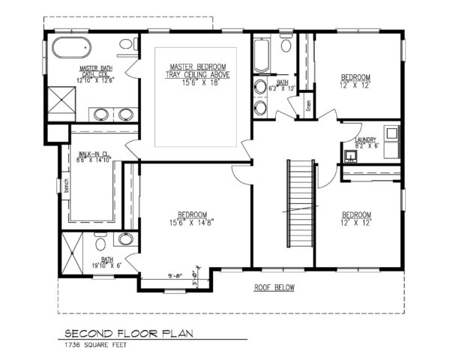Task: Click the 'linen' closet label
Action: click(308, 105)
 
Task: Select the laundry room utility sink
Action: click(351, 157)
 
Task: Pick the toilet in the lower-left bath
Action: click(100, 244)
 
